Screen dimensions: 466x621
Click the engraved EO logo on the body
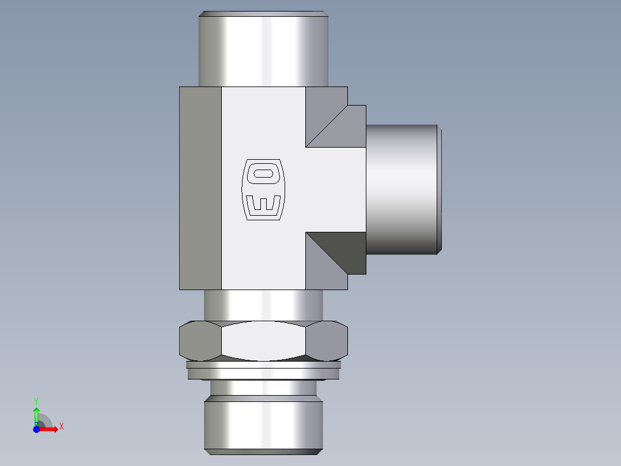[263, 189]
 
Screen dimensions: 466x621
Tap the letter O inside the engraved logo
[263, 173]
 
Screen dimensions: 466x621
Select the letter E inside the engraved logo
[263, 204]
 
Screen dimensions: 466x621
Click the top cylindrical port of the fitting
[263, 49]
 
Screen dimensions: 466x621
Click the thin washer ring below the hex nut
[263, 365]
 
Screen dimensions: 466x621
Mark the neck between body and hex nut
[263, 305]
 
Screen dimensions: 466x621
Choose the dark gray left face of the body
[200, 188]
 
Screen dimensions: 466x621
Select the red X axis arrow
[50, 429]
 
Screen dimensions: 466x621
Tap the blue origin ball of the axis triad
[36, 429]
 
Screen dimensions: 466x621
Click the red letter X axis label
[61, 427]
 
